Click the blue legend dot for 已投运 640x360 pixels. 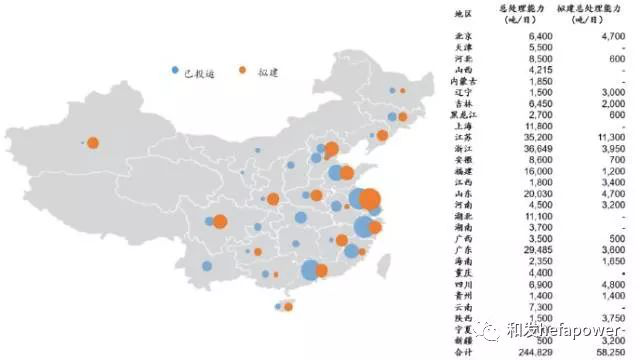[x=177, y=71]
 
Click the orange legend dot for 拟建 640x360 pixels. [x=243, y=71]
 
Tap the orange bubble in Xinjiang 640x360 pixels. [x=92, y=143]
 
